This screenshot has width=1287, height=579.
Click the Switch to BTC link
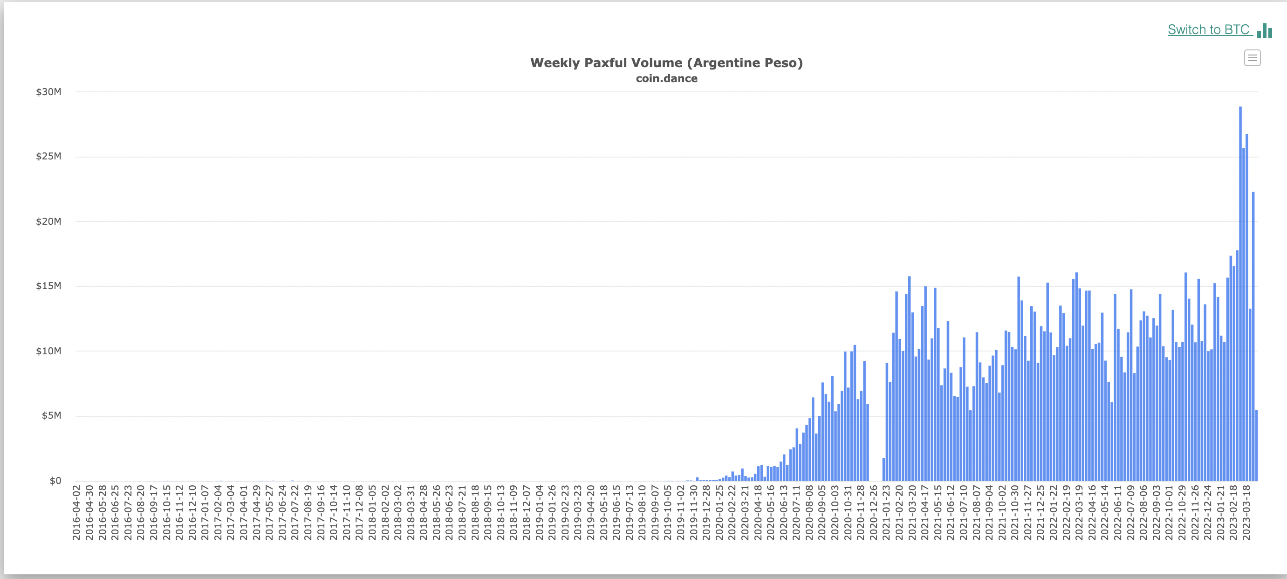1209,30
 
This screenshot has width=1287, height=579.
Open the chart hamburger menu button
1252,58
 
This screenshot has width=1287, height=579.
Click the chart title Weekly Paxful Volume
666,63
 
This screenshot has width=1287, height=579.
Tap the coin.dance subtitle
666,78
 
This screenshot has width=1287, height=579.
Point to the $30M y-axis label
48,92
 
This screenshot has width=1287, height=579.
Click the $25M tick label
48,157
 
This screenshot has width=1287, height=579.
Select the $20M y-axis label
48,221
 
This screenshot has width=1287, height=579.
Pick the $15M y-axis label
48,286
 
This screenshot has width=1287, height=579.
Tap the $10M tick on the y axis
48,351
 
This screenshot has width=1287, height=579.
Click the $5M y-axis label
51,415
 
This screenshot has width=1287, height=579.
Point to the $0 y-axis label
55,481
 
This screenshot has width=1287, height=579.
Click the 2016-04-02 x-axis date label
76,512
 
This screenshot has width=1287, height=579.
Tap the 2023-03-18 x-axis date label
1246,512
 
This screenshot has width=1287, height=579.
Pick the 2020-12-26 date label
873,512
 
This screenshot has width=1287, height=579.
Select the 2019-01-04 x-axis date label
539,512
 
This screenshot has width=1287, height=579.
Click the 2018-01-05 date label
372,512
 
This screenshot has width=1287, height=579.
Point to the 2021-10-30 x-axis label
1015,512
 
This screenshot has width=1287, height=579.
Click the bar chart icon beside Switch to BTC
1265,31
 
